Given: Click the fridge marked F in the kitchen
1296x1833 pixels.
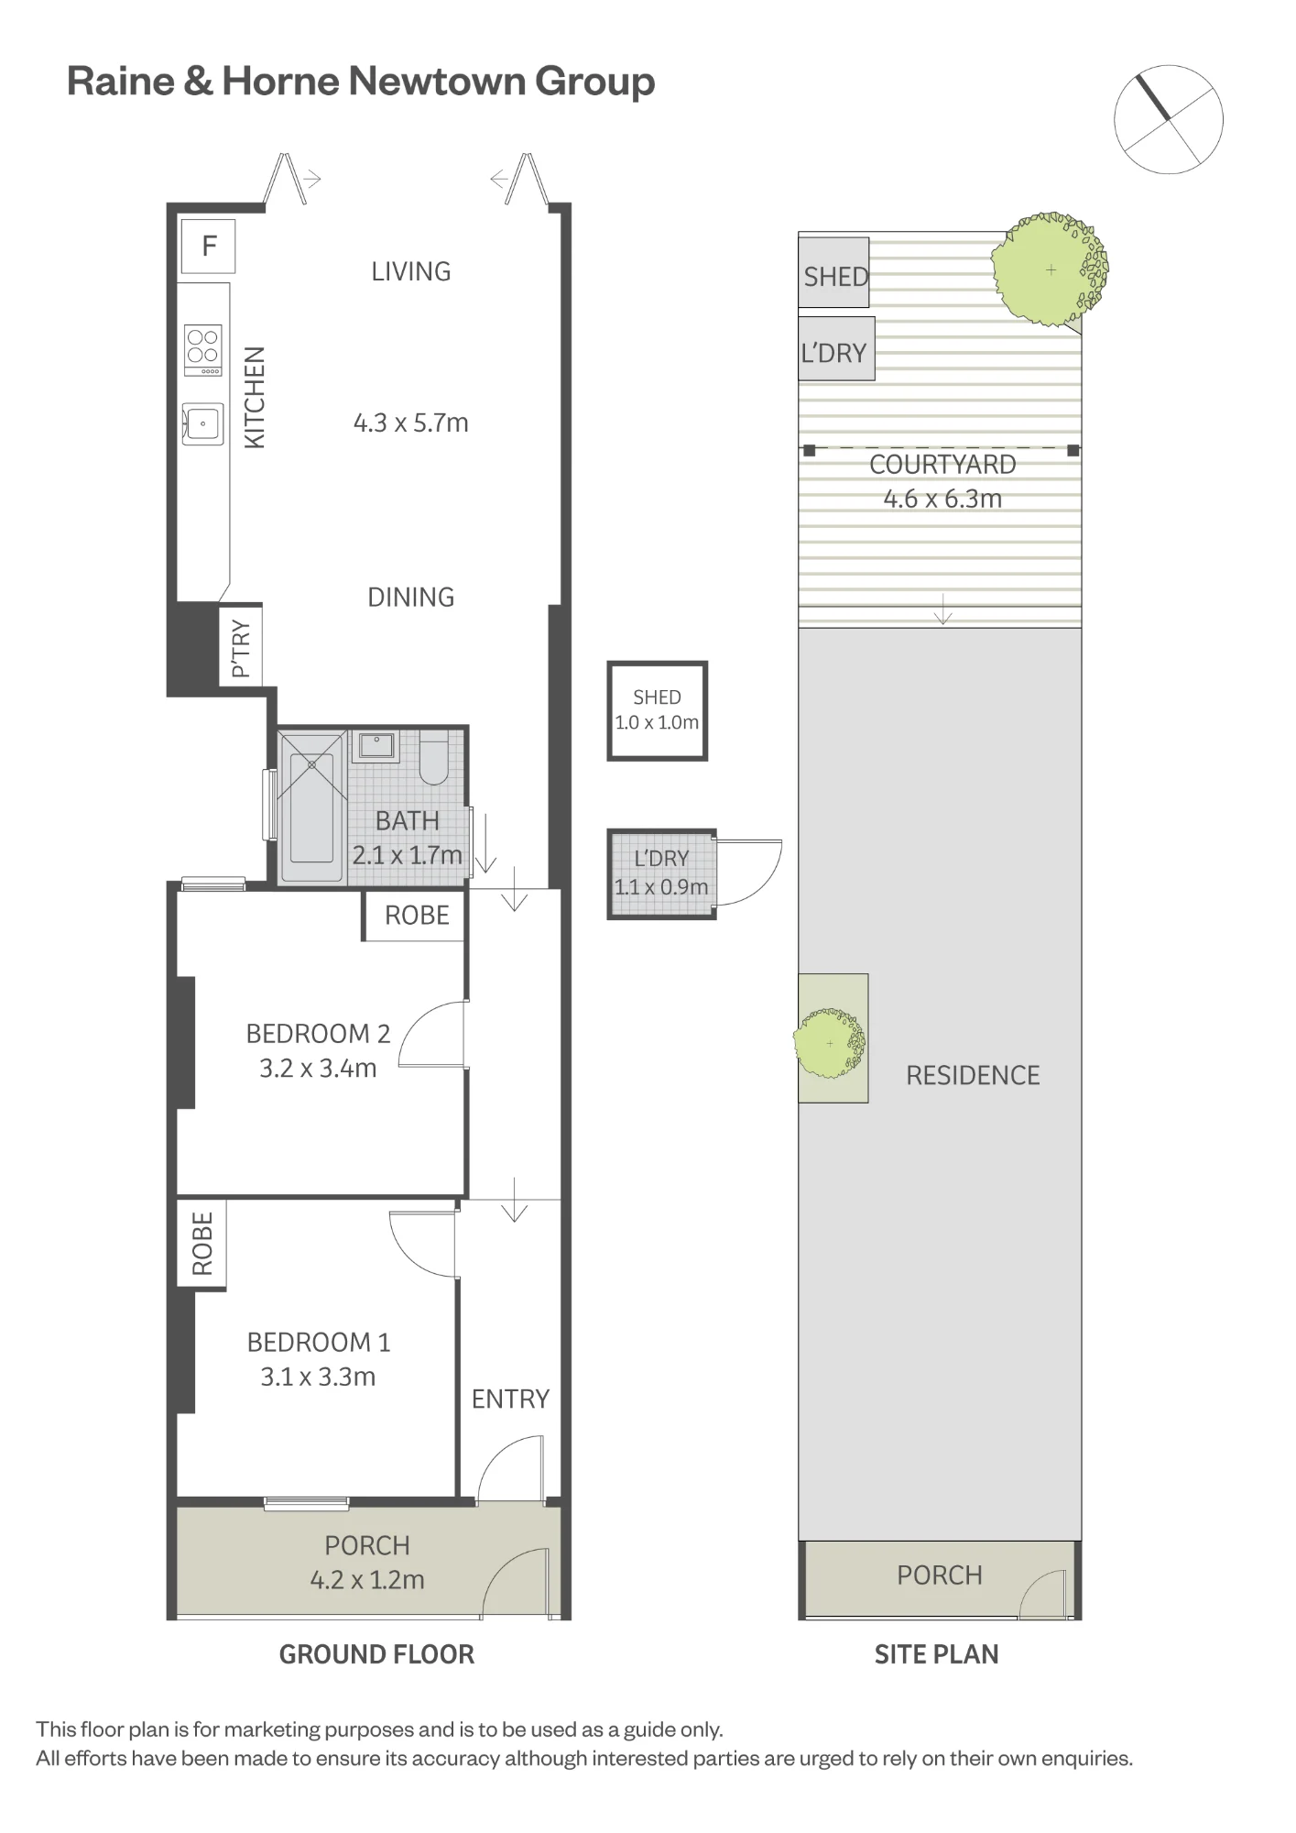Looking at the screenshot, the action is click(208, 246).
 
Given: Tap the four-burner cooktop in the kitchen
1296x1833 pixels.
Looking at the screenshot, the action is click(203, 350).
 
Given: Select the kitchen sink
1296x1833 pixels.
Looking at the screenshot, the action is click(202, 423).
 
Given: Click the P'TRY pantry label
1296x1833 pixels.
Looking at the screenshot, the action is click(241, 648).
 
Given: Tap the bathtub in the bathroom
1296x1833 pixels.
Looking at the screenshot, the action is click(311, 807).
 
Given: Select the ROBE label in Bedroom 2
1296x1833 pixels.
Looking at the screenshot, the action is click(417, 916).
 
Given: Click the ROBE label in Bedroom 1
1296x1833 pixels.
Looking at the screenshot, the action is click(202, 1244).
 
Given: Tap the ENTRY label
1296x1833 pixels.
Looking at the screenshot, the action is click(510, 1399).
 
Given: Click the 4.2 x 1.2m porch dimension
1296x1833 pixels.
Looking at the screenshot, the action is click(367, 1579).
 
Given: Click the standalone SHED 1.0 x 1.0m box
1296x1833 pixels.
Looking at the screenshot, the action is click(658, 710).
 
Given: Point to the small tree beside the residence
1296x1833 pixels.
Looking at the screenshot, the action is click(830, 1044).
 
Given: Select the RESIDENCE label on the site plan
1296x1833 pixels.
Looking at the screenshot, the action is click(973, 1075).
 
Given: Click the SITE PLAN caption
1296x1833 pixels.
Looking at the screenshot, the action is click(936, 1654).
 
